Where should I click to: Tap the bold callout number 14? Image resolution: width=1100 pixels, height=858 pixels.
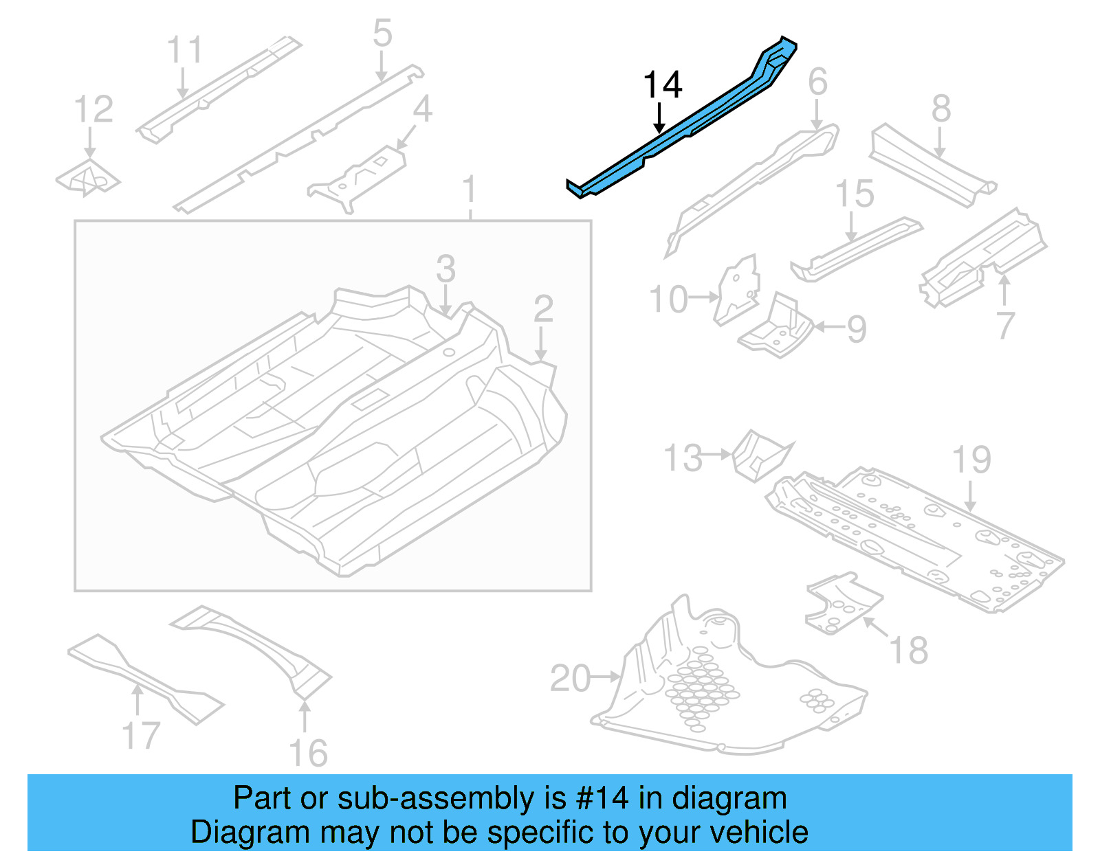(x=662, y=86)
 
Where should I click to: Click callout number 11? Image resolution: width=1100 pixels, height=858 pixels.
(x=184, y=51)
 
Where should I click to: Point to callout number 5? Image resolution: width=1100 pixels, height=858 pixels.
(x=382, y=33)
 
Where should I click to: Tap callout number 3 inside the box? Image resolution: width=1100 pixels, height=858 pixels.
(x=445, y=269)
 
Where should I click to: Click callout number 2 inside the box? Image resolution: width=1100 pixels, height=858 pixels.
(x=543, y=309)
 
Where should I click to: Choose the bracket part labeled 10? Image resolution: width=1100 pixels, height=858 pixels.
(x=738, y=290)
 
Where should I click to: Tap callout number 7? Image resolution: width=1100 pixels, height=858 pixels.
(x=1004, y=325)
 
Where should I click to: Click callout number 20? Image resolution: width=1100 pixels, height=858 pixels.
(x=570, y=679)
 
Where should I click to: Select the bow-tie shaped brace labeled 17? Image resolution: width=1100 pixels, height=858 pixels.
(x=144, y=677)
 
